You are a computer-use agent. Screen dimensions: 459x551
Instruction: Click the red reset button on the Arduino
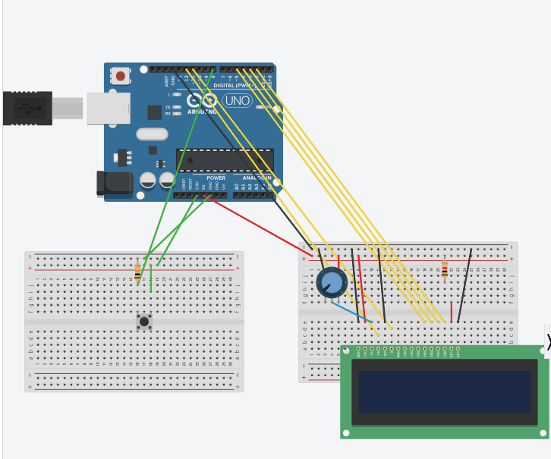[120, 76]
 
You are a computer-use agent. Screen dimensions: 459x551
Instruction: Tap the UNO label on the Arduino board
[238, 100]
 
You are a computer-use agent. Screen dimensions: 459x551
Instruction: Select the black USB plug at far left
[27, 108]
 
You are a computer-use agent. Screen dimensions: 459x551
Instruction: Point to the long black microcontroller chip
[225, 160]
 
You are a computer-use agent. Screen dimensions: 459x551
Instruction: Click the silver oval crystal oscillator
[152, 134]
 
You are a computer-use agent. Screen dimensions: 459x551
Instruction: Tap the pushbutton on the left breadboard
[144, 321]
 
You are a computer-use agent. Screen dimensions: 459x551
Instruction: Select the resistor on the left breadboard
[137, 271]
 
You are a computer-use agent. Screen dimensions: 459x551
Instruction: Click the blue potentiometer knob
[331, 283]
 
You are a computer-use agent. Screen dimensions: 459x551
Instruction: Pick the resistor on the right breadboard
[444, 269]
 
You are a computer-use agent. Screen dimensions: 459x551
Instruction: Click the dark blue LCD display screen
[444, 391]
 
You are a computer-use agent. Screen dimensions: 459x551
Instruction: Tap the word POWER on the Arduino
[206, 178]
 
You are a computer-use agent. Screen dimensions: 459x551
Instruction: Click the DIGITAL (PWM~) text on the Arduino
[235, 86]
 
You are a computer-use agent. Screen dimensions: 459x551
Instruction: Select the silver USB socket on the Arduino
[102, 108]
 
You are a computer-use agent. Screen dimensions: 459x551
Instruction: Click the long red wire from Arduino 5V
[258, 224]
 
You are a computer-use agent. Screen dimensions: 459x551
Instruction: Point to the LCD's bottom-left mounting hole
[346, 433]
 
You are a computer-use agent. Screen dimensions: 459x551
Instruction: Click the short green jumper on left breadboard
[151, 278]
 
